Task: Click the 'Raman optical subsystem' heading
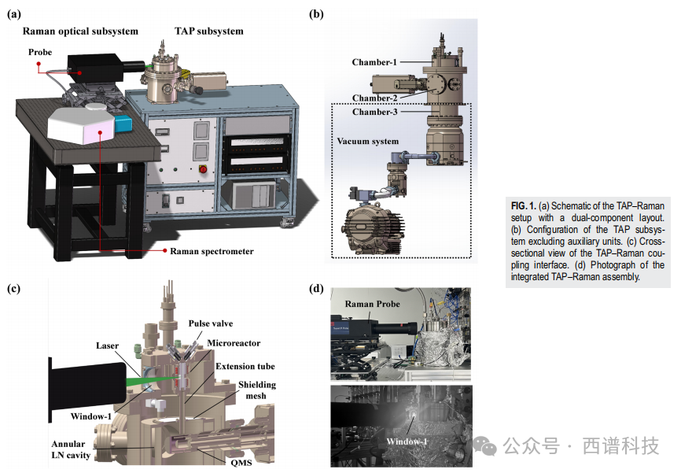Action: coord(80,31)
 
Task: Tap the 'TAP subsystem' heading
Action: coord(209,31)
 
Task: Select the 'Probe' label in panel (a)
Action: coord(40,52)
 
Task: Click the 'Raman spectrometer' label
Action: coord(212,251)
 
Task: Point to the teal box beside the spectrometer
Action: coord(123,124)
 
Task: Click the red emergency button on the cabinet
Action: coord(202,168)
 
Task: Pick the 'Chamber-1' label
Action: coord(374,62)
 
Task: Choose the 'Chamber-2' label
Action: coord(374,98)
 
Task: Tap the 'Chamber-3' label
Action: coord(374,113)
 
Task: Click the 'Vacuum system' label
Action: coord(367,142)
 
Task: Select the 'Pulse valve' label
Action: coord(211,323)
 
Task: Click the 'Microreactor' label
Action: coord(234,343)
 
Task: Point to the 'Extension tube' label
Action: coord(245,367)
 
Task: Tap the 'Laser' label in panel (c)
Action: coord(107,346)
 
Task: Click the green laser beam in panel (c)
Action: coord(152,381)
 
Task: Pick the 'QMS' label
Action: coord(241,463)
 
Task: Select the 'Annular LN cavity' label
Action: coord(71,449)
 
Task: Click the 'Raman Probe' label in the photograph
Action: coord(372,304)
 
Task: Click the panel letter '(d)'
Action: coord(316,288)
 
